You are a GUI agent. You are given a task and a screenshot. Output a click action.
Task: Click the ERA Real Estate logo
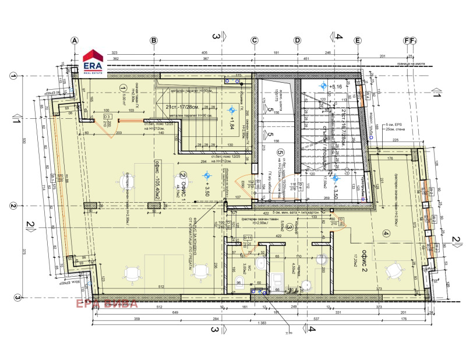(93, 62)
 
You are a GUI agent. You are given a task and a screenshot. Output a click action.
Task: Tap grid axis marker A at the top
(74, 40)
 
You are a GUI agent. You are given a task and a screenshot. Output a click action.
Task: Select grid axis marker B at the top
(154, 40)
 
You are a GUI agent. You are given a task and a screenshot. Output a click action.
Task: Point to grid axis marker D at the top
(297, 40)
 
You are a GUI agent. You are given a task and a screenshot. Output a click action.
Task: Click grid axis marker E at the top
(358, 40)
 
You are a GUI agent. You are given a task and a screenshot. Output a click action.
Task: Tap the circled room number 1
(123, 88)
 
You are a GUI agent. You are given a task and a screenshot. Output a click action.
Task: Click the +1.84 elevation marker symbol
(231, 110)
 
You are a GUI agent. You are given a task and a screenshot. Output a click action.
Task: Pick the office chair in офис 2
(398, 268)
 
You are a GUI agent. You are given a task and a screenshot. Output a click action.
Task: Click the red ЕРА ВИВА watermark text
(105, 303)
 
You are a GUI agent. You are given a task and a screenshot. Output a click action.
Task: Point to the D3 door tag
(107, 117)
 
